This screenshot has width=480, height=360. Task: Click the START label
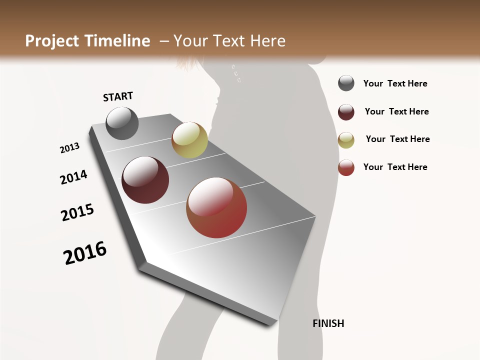118,96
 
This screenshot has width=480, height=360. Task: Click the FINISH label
328,323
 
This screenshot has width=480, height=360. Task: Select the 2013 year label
69,148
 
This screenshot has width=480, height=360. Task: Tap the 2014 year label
73,177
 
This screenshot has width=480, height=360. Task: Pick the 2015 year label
77,212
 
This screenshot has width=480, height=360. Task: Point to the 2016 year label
85,252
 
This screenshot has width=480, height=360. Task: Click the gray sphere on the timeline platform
122,123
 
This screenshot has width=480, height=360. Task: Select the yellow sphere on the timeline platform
189,140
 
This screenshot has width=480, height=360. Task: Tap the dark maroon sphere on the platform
145,180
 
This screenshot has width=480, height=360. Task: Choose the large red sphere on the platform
216,207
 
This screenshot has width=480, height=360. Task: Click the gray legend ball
346,83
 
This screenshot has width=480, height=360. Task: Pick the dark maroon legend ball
346,112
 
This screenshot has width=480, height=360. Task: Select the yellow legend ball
346,140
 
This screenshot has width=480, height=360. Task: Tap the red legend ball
346,167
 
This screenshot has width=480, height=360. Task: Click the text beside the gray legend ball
395,83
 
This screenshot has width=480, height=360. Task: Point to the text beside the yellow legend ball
397,139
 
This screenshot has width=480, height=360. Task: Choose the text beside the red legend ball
395,167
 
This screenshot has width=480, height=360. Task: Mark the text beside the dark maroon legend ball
396,111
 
